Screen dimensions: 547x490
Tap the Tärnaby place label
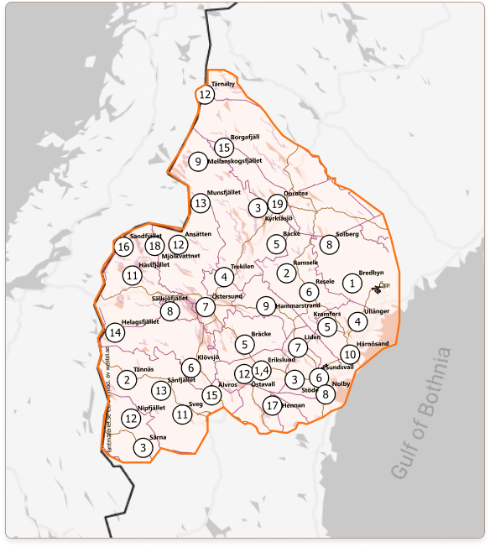(223, 85)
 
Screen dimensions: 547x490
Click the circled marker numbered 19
(278, 204)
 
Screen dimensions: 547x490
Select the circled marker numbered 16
(123, 247)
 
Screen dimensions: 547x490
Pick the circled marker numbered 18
(154, 246)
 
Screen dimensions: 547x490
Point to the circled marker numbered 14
(115, 333)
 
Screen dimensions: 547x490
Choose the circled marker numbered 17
(271, 405)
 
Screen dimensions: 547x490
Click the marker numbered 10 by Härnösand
(350, 354)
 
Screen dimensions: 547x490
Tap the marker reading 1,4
(261, 370)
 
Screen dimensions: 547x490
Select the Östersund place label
(227, 296)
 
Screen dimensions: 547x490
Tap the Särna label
(158, 438)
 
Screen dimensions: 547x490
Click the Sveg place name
(195, 404)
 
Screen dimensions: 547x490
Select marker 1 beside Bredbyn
(352, 284)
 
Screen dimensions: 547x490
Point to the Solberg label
(347, 234)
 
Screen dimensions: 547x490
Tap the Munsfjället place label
(223, 192)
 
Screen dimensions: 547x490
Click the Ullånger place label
(378, 311)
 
